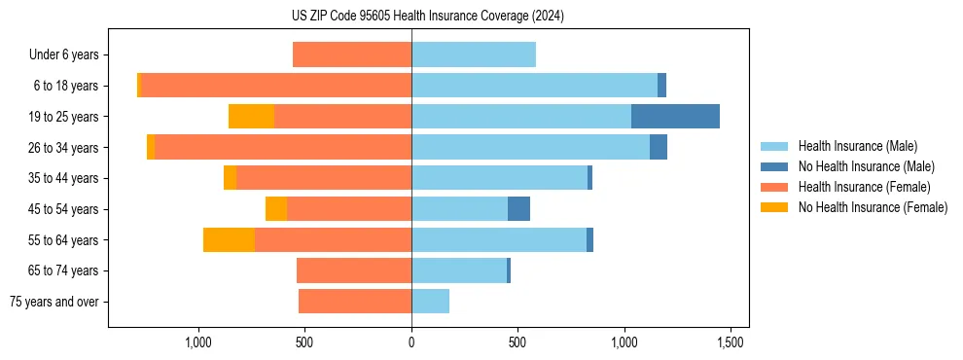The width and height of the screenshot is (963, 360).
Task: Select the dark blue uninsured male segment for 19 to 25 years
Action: [x=675, y=116]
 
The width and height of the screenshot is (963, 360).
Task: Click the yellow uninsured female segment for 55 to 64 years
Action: [x=229, y=239]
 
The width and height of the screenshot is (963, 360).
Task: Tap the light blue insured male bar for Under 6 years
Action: [x=474, y=54]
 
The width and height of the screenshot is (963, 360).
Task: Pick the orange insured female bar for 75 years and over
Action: [x=355, y=302]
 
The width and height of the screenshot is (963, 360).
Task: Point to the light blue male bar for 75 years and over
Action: [x=431, y=302]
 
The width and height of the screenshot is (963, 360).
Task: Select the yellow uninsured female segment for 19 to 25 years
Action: [x=251, y=116]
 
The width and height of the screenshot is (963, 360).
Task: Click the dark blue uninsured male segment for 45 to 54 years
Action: [x=518, y=208]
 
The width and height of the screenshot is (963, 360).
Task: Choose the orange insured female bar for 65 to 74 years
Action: [x=354, y=270]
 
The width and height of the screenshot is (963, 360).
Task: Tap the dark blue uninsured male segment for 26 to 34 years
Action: [x=659, y=147]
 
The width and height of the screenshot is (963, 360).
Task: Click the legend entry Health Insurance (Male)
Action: [x=857, y=146]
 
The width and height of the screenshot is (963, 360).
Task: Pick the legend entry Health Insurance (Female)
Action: [x=864, y=187]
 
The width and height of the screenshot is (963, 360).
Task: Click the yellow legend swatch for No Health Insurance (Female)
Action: [x=775, y=207]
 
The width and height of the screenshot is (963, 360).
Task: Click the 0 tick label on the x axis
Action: [x=411, y=342]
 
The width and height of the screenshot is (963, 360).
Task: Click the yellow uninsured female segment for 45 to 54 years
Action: [x=276, y=208]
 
